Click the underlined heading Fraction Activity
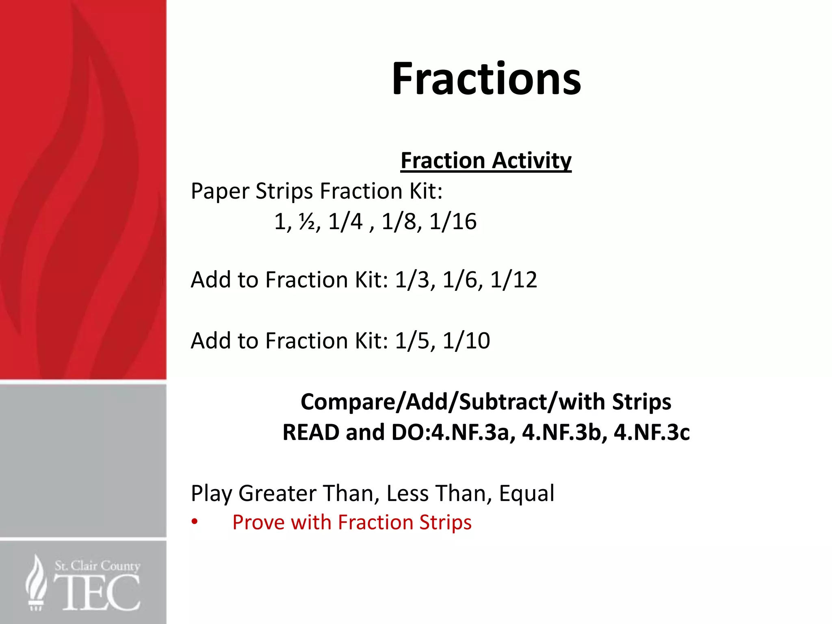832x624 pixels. (486, 160)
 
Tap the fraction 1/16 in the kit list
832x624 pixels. (453, 222)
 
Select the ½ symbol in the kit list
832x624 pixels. (308, 222)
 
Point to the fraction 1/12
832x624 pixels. (513, 280)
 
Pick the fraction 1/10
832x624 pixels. (466, 341)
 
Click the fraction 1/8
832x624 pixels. (399, 222)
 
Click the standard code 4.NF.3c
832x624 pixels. (652, 432)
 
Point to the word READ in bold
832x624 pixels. (311, 432)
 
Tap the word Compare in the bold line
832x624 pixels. (347, 402)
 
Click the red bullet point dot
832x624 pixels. (195, 522)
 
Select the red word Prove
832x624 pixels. (258, 522)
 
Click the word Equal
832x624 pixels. (526, 494)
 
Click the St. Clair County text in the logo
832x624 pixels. (97, 565)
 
